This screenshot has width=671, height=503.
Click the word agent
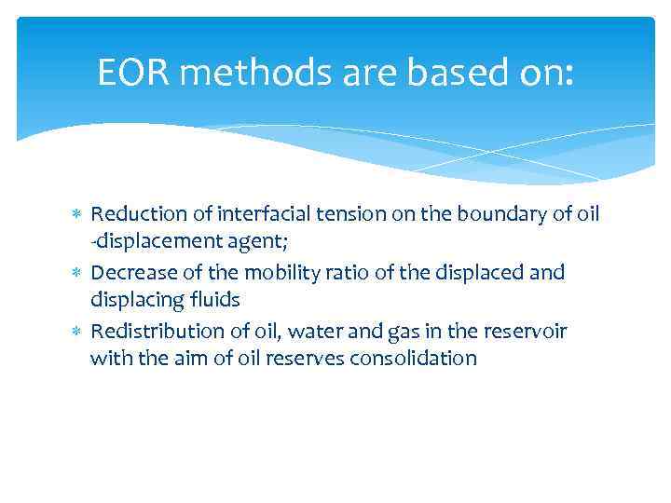click(264, 243)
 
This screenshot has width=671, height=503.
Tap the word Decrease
click(130, 272)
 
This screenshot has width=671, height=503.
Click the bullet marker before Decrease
click(79, 273)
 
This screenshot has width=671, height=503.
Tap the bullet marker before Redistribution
click(79, 332)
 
